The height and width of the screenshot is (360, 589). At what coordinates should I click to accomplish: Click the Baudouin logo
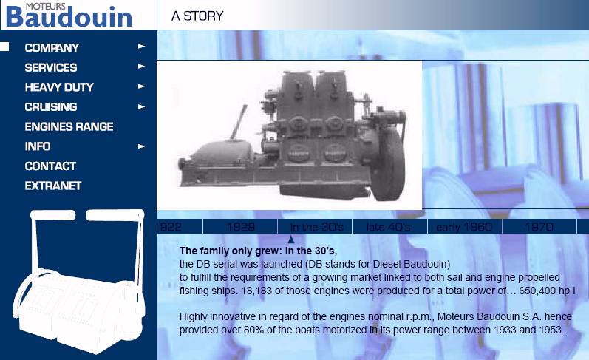point(69,16)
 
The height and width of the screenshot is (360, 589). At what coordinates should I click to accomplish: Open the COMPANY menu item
point(52,48)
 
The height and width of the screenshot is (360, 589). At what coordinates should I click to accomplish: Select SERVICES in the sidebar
point(51,68)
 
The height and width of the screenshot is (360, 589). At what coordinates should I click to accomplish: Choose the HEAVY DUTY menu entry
point(59,87)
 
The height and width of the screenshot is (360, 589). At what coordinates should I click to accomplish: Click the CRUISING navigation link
point(51,106)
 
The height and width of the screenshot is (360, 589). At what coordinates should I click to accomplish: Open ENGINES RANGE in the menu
point(69,126)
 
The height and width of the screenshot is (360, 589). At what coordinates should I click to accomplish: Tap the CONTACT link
point(50,166)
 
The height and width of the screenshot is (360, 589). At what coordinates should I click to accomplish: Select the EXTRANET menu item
point(53,186)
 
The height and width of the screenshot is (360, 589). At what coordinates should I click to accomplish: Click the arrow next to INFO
point(141,146)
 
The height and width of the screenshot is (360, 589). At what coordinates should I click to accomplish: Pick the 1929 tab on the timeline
point(240,227)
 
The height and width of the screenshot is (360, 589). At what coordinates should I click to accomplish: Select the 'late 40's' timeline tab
point(389,227)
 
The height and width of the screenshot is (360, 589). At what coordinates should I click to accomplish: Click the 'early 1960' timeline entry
point(464,227)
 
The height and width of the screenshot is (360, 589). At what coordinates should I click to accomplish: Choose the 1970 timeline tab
point(539,227)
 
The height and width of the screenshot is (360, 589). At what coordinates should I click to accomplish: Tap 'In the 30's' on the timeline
point(316,227)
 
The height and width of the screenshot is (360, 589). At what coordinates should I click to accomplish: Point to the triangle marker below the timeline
point(290,240)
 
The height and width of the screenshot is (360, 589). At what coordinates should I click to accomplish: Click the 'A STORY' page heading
point(197,16)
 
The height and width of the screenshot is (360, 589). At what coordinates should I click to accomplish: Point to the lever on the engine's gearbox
point(239,122)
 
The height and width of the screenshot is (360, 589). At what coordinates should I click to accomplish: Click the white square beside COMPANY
point(4,47)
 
